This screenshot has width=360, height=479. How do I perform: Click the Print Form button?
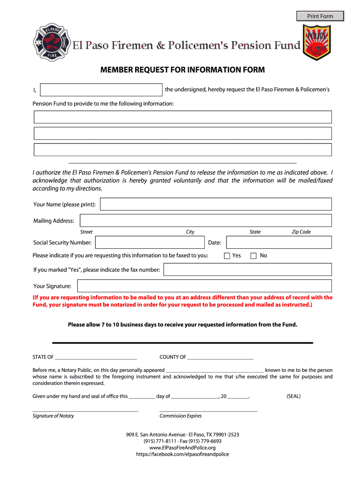tap(320, 16)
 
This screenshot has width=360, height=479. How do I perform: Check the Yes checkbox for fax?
tap(227, 256)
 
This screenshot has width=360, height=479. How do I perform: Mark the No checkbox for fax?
tap(253, 256)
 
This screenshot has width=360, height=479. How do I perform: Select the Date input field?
tap(279, 242)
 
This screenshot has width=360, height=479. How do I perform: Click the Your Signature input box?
tap(204, 286)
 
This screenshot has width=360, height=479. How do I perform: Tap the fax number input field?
tap(247, 269)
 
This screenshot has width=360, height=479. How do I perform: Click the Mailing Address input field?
tap(206, 220)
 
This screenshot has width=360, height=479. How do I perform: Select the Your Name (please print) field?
tap(216, 204)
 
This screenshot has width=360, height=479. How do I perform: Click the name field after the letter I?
tap(101, 90)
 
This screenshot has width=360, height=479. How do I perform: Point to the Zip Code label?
tap(301, 232)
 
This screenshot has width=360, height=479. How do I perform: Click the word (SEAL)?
tap(294, 396)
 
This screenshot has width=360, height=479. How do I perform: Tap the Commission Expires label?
tap(180, 416)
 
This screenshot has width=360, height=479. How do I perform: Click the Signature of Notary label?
tap(53, 416)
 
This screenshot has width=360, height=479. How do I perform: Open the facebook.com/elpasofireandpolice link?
tap(182, 454)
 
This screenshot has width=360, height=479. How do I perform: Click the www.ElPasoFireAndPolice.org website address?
tap(182, 448)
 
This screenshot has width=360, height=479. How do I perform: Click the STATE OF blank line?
tap(95, 357)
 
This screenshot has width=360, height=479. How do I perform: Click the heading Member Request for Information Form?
tap(182, 70)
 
